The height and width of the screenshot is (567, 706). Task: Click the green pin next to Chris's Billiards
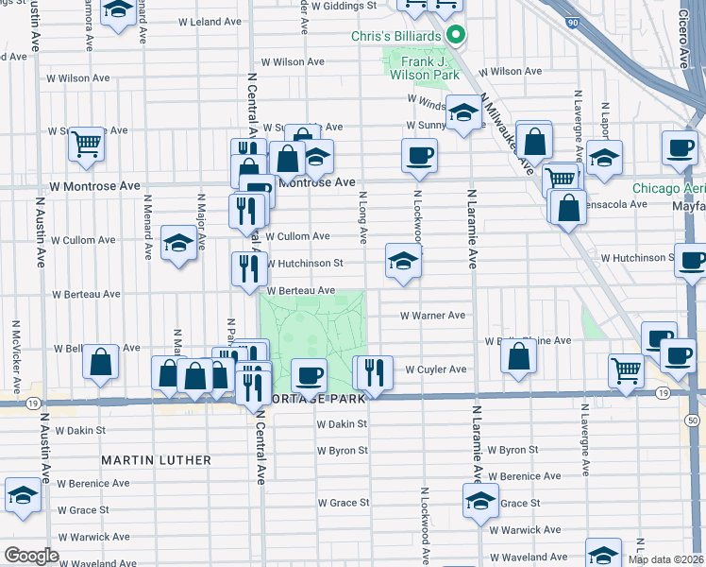pyautogui.click(x=455, y=36)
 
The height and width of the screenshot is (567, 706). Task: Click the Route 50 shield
pyautogui.click(x=693, y=419)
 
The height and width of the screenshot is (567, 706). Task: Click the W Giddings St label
pyautogui.click(x=345, y=6)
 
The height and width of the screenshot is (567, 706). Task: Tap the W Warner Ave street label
pyautogui.click(x=432, y=316)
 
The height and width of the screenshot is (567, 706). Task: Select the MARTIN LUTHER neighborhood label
pyautogui.click(x=157, y=460)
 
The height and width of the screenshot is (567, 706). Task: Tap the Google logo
pyautogui.click(x=31, y=555)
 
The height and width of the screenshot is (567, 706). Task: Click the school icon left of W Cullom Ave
pyautogui.click(x=178, y=243)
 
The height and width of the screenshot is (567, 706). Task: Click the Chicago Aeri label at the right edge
pyautogui.click(x=668, y=188)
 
